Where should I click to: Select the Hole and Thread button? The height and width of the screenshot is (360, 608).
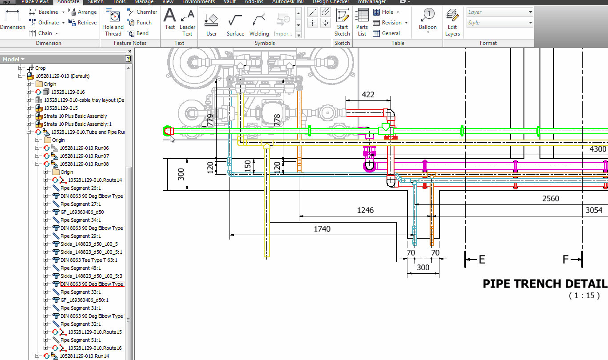click(x=113, y=23)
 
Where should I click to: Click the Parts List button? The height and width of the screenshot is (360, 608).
click(x=362, y=23)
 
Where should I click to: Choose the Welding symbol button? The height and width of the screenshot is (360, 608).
click(x=259, y=24)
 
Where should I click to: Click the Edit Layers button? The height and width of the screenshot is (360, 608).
click(x=452, y=23)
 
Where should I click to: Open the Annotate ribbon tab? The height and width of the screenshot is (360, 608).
click(x=68, y=2)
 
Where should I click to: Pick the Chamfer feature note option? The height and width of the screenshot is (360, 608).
click(x=142, y=12)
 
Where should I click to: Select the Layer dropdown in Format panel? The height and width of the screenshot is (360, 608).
click(x=499, y=12)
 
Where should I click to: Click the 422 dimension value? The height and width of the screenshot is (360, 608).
click(x=368, y=94)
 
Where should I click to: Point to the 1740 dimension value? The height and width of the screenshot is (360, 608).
click(x=322, y=229)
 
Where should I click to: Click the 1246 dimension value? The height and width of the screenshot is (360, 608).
click(x=365, y=210)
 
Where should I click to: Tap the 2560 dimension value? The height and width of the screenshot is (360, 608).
click(x=551, y=199)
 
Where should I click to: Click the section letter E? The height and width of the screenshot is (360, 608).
click(x=481, y=260)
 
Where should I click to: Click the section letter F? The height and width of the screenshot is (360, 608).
click(x=566, y=260)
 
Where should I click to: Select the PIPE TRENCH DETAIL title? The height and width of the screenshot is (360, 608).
click(x=544, y=284)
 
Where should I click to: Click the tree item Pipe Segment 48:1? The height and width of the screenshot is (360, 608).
click(x=81, y=268)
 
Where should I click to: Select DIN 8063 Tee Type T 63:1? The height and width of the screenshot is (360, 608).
click(x=89, y=260)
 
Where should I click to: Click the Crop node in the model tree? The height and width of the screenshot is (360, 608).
click(x=40, y=68)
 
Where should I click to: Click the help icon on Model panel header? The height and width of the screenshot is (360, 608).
click(x=128, y=59)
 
